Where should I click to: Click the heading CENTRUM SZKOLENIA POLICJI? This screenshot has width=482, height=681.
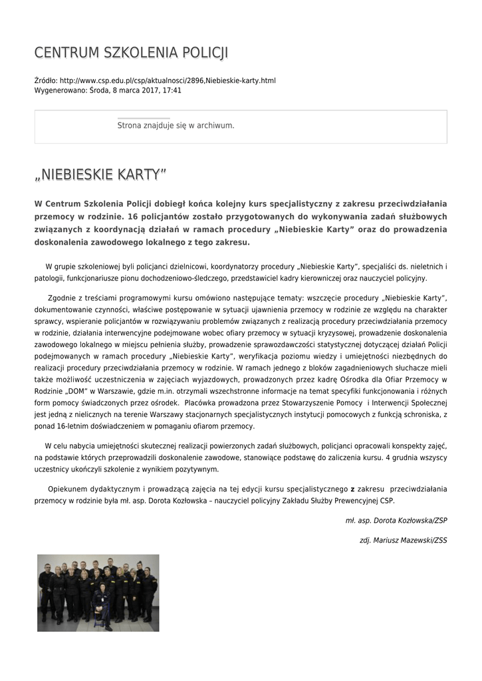131,53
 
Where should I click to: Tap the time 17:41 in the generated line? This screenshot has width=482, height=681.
172,90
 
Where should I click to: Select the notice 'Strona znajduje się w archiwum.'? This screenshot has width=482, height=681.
176,125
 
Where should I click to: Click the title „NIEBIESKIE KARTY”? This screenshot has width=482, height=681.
100,174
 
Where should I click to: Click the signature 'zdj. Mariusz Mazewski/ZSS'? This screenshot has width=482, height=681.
403,541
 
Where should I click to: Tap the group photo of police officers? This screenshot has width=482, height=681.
98,593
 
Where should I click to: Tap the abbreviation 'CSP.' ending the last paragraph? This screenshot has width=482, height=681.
387,500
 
